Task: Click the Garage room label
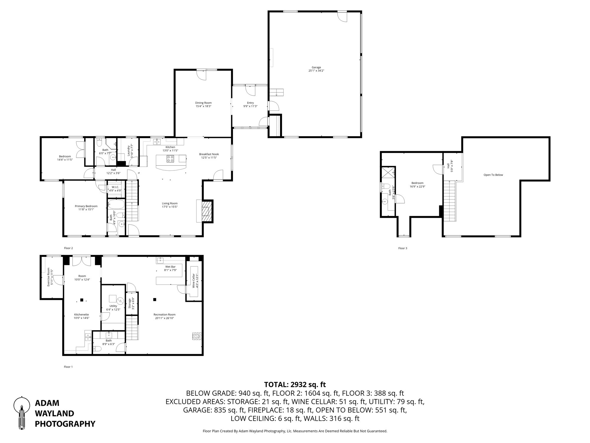[316, 67]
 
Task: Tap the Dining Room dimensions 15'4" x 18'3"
[203, 106]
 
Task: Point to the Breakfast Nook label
[209, 154]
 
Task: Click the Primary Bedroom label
[86, 206]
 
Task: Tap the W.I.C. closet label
[115, 187]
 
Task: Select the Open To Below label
[493, 175]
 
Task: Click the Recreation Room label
[164, 315]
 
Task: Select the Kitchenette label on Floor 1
[81, 315]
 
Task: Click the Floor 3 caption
[402, 248]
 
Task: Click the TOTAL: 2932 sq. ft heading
[295, 385]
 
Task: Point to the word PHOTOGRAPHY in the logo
[65, 424]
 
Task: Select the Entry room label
[250, 103]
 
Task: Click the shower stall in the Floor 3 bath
[388, 172]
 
